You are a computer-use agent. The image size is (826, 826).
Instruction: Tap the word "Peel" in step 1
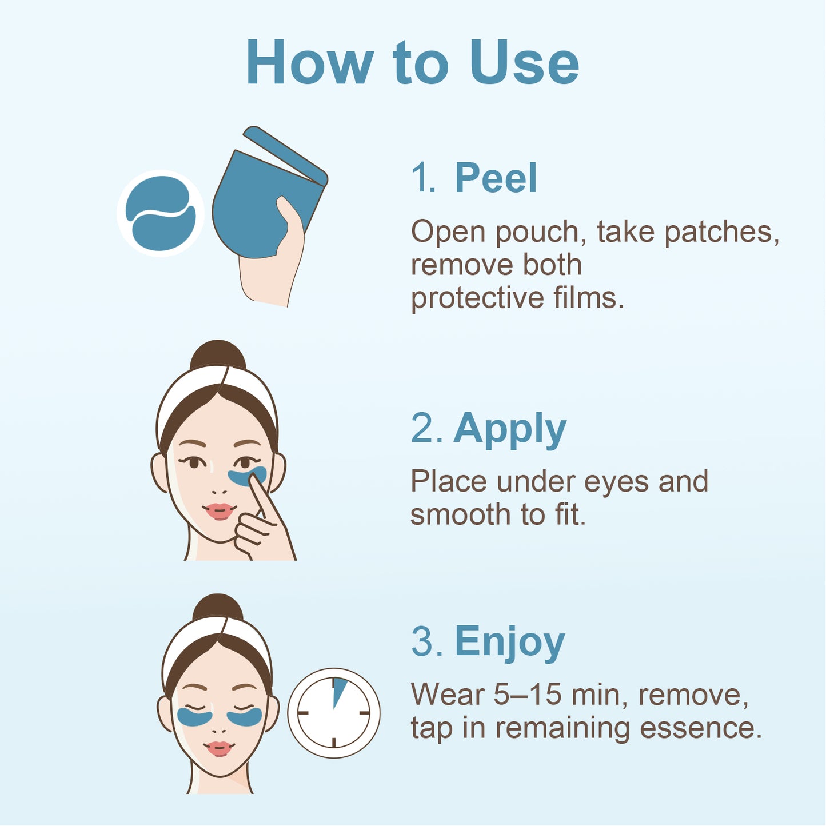tap(496, 178)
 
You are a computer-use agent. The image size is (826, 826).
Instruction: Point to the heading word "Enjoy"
tap(509, 643)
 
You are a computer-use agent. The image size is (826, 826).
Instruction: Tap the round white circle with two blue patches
tap(161, 213)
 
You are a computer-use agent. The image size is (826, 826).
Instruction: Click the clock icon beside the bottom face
tap(333, 713)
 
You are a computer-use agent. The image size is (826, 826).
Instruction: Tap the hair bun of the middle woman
tap(218, 355)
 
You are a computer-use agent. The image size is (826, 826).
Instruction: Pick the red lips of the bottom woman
tap(219, 747)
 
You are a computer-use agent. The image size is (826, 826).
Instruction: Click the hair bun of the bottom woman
tap(218, 608)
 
